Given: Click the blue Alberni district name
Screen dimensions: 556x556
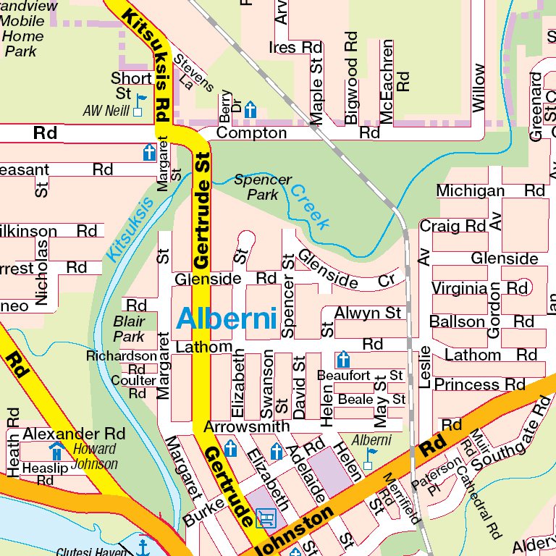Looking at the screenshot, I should (227, 319).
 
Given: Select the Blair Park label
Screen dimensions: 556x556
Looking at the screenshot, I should (129, 329).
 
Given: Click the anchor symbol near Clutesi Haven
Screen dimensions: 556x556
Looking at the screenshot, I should (143, 545).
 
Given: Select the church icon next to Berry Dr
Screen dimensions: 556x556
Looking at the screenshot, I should (250, 109).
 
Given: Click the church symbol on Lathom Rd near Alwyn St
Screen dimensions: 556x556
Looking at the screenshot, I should (343, 359).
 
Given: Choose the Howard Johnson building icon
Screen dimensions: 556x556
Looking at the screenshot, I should (56, 452).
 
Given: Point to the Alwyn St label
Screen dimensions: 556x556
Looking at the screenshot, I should (368, 313).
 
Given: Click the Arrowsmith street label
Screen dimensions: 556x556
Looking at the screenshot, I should (246, 427).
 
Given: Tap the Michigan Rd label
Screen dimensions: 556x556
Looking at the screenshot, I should (490, 191).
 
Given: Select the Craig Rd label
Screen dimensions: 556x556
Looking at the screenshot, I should (452, 226).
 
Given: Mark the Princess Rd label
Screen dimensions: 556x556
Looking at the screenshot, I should (479, 384).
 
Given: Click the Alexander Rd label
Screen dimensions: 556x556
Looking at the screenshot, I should (74, 434).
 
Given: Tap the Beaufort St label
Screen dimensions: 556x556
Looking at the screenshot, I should (360, 376).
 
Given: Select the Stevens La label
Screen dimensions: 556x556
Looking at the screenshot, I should (194, 73).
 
